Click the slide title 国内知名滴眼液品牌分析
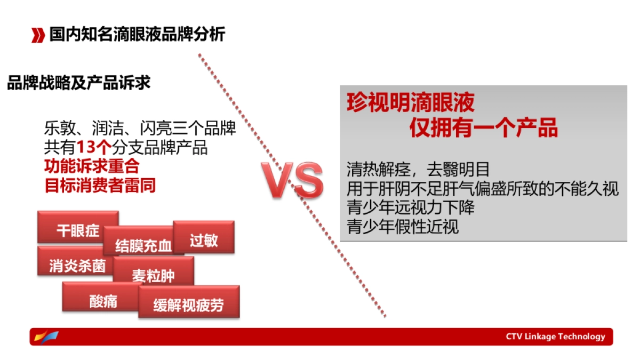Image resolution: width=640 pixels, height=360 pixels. pos(137,35)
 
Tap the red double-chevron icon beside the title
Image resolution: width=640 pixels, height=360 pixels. pos(38,35)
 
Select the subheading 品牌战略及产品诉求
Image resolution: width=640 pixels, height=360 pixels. pos(78,83)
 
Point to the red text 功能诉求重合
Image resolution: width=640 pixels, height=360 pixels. pos(91,166)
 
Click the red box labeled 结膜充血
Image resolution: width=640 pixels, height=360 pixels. pos(143,245)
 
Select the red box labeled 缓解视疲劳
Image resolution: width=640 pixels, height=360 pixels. pos(189,305)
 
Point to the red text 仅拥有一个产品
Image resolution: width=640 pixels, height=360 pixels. pos(483,128)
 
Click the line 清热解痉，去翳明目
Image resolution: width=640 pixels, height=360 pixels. pos(418,170)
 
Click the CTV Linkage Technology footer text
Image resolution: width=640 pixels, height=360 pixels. pos(555,337)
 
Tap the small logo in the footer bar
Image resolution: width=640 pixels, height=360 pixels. pos(46,337)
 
